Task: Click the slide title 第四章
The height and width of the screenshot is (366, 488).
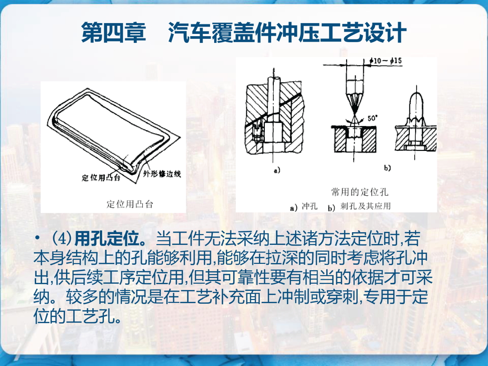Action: point(113,33)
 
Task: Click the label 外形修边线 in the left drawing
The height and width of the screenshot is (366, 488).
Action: point(162,174)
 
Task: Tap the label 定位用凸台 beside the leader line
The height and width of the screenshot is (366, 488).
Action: point(101,178)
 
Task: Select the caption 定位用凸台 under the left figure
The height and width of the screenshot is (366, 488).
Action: point(130,204)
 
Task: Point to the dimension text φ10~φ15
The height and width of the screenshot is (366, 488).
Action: point(385,61)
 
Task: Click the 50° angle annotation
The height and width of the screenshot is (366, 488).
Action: point(372,118)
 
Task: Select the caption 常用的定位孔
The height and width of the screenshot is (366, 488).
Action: point(360,192)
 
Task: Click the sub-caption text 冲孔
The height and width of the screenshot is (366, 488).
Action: point(310,206)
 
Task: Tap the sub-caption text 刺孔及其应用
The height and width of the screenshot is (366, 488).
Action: point(366,206)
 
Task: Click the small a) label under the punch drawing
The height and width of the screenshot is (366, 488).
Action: point(277,170)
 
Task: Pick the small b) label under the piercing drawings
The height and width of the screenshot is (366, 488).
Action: point(387,168)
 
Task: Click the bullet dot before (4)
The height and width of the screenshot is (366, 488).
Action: point(38,239)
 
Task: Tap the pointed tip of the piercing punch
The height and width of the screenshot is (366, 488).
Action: point(354,117)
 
